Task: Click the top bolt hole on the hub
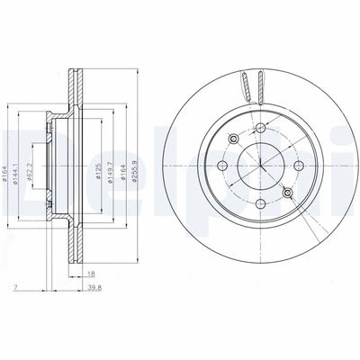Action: tap(260, 131)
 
